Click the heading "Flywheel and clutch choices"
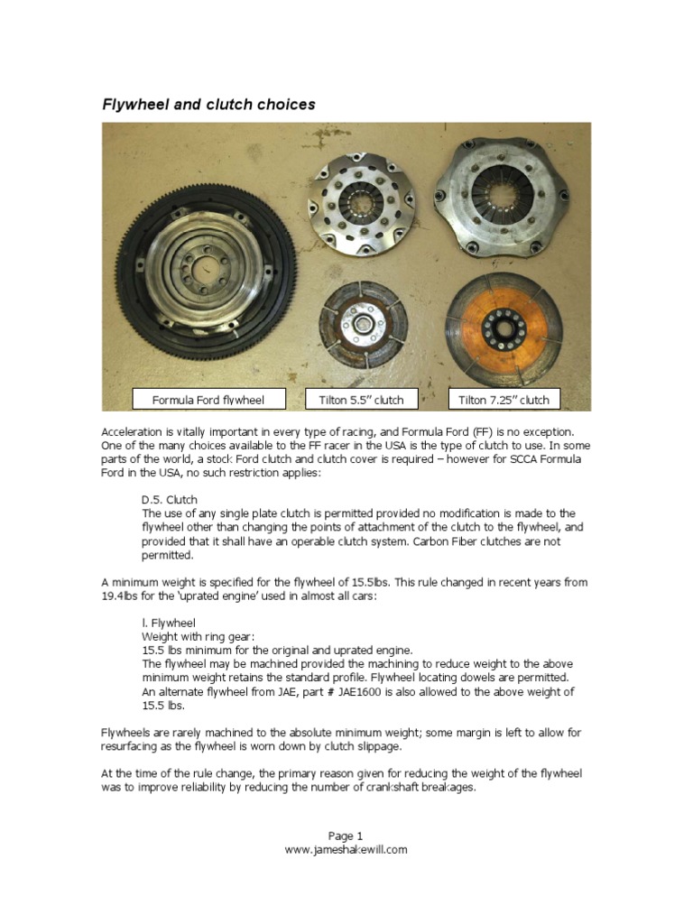pos(208,105)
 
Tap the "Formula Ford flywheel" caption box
pos(209,399)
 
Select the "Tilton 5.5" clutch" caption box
pos(361,399)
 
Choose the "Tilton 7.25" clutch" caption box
pos(504,399)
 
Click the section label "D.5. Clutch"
pos(170,499)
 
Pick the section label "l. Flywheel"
pos(168,623)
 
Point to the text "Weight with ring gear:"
pos(193,636)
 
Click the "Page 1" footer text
pos(346,836)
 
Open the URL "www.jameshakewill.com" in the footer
pos(346,849)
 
